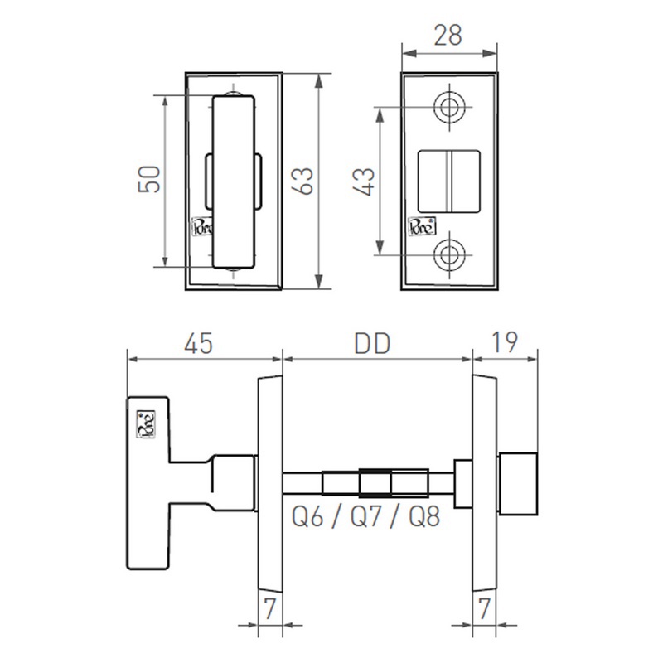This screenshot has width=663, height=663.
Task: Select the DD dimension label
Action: point(373,341)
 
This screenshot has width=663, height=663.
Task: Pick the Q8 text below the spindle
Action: point(423,517)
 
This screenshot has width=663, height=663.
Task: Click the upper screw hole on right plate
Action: point(452,108)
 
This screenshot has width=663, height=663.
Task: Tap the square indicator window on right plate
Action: point(448,181)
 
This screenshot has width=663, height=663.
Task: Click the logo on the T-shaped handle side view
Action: point(146,423)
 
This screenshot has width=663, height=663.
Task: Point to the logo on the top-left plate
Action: point(202,226)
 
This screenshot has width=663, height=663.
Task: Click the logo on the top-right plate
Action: point(419,226)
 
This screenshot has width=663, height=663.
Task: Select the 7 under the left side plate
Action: point(269,608)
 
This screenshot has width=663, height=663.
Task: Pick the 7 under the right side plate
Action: point(486,608)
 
